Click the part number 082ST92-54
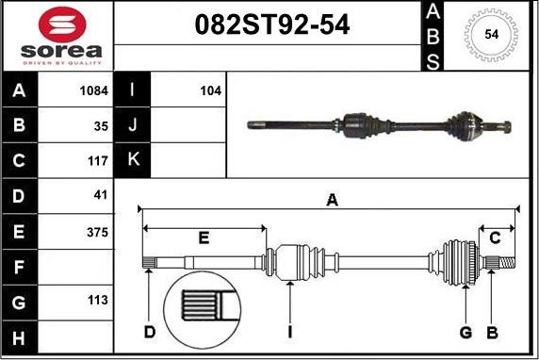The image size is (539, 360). (x=271, y=25)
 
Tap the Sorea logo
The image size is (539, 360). (x=57, y=35)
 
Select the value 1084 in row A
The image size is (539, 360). (x=94, y=91)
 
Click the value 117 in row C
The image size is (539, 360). (x=98, y=161)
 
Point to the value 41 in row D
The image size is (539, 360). (x=101, y=196)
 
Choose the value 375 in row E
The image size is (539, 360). (x=97, y=232)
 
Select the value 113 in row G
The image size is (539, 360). (x=98, y=302)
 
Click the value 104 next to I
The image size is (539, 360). (x=210, y=91)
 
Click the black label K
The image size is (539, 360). (x=133, y=161)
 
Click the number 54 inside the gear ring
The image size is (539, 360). (x=491, y=34)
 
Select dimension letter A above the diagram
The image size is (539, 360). (x=332, y=199)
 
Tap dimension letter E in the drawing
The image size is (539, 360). (x=204, y=237)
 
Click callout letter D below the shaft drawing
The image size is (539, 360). (x=150, y=332)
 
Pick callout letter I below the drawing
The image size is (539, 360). (x=290, y=332)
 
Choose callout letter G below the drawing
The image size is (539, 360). (x=465, y=332)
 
